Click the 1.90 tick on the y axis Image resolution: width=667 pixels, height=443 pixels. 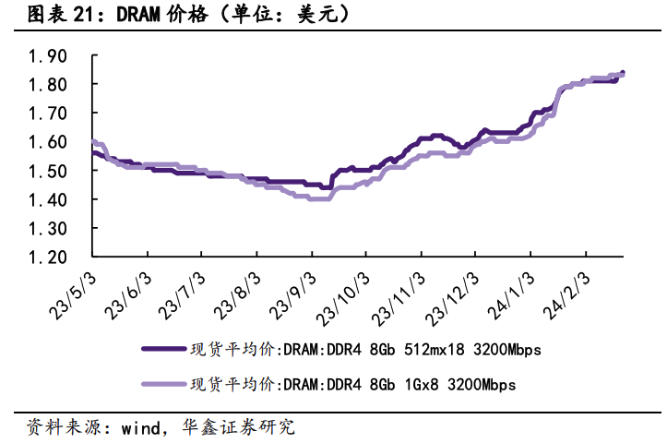click(x=48, y=56)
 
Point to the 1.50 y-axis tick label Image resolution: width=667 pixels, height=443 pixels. click(x=48, y=171)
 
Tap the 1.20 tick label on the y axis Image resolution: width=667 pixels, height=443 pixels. click(x=48, y=257)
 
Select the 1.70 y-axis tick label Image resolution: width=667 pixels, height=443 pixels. click(x=48, y=114)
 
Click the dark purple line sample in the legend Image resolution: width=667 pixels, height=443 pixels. click(x=162, y=350)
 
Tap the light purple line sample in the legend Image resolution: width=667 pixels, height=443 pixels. click(x=162, y=384)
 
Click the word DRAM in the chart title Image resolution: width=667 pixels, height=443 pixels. click(x=113, y=15)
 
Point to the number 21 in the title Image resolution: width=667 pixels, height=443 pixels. click(x=76, y=15)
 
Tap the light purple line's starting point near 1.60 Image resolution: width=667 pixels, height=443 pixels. click(x=94, y=142)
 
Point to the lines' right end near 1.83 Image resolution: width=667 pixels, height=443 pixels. click(x=622, y=75)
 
